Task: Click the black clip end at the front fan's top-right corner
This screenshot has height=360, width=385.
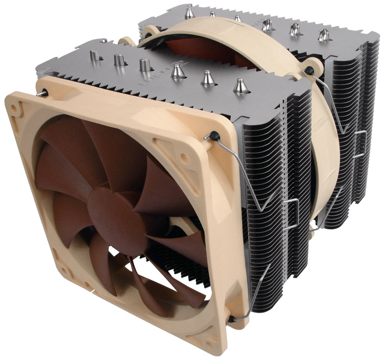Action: (214, 136)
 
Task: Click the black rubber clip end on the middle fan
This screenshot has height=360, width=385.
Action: (309, 71)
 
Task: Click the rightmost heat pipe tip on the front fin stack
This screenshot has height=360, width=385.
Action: (240, 85)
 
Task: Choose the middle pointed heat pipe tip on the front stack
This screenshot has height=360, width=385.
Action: (208, 76)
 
